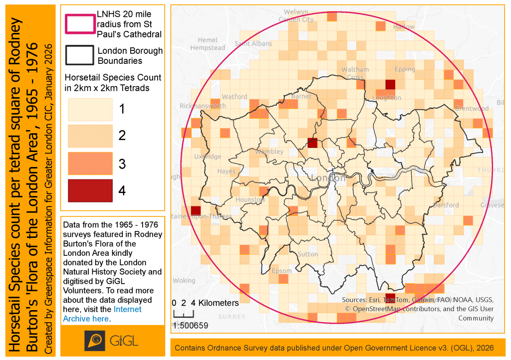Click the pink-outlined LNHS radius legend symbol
tap(79, 24)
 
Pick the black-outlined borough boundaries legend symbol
tap(79, 55)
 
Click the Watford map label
tap(234, 96)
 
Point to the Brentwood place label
tap(472, 108)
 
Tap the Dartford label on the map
tap(446, 205)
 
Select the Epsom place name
tap(282, 271)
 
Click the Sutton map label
tap(307, 254)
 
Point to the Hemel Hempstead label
tap(208, 44)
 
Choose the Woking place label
tap(184, 280)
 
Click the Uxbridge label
tap(208, 156)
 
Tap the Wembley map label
tap(269, 151)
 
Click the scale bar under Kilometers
tap(183, 315)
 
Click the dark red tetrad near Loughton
tap(391, 84)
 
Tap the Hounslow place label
tap(250, 199)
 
